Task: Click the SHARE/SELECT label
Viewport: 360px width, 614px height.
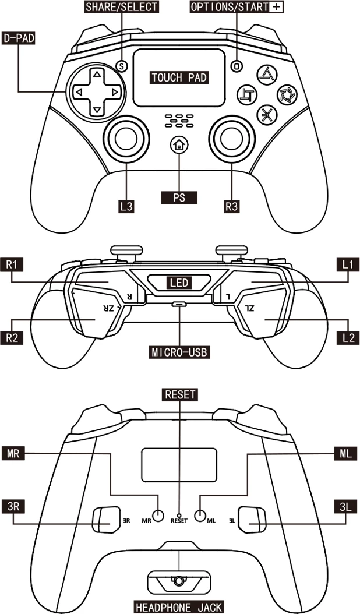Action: click(x=121, y=7)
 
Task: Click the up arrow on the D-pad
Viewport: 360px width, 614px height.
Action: click(x=97, y=74)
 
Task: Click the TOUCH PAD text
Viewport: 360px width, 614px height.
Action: click(x=179, y=77)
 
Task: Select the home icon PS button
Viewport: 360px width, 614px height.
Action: click(x=179, y=146)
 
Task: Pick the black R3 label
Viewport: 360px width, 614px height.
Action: click(x=232, y=206)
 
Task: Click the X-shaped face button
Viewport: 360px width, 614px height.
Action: click(x=266, y=115)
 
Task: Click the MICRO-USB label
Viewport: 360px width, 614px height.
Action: click(x=179, y=352)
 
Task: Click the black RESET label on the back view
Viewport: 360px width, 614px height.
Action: click(x=179, y=394)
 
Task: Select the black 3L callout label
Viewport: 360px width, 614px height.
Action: click(x=346, y=505)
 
